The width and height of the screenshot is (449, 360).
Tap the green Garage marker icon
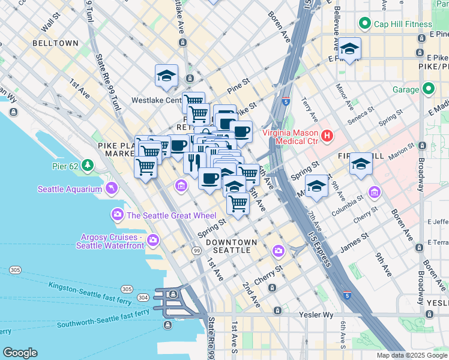pyautogui.click(x=428, y=89)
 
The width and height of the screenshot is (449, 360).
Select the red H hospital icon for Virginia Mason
pyautogui.click(x=327, y=136)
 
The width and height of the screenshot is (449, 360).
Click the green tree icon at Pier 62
pyautogui.click(x=88, y=164)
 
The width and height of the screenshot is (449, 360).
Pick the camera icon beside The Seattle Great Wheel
pyautogui.click(x=117, y=215)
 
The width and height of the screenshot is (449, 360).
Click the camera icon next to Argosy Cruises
pyautogui.click(x=153, y=240)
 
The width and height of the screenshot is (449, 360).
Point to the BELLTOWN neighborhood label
pyautogui.click(x=55, y=44)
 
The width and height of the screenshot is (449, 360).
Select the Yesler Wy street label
pyautogui.click(x=316, y=314)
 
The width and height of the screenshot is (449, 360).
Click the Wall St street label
pyautogui.click(x=52, y=25)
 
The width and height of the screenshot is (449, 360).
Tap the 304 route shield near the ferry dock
pyautogui.click(x=143, y=297)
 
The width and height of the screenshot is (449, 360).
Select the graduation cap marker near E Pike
pyautogui.click(x=349, y=49)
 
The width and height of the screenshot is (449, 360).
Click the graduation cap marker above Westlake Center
pyautogui.click(x=166, y=75)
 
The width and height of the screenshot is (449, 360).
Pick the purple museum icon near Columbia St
pyautogui.click(x=375, y=192)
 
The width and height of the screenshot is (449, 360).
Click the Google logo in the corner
pyautogui.click(x=20, y=353)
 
